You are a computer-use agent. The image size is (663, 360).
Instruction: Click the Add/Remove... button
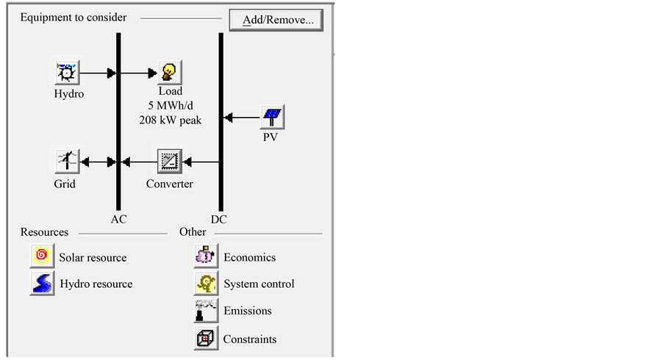276,20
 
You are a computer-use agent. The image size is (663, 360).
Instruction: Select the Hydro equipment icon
68,73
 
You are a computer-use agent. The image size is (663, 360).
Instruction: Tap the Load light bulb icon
170,72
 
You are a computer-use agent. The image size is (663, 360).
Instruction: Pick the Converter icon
170,161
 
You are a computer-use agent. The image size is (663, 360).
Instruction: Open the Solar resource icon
42,256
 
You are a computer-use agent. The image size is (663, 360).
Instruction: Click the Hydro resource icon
42,283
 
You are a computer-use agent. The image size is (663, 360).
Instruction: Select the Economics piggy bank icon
206,256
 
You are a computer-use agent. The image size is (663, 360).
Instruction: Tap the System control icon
206,283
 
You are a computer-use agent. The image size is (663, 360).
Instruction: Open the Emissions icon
206,310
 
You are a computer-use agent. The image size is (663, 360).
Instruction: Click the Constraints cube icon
206,338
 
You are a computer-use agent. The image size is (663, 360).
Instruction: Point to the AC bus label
118,218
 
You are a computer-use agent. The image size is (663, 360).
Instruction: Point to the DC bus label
219,218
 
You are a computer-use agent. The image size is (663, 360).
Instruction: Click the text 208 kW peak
170,120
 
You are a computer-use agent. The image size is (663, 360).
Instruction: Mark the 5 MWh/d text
170,106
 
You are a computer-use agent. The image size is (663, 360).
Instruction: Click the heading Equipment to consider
74,17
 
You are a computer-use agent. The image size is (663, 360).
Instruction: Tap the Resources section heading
45,232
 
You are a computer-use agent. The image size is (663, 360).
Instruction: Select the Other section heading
193,232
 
